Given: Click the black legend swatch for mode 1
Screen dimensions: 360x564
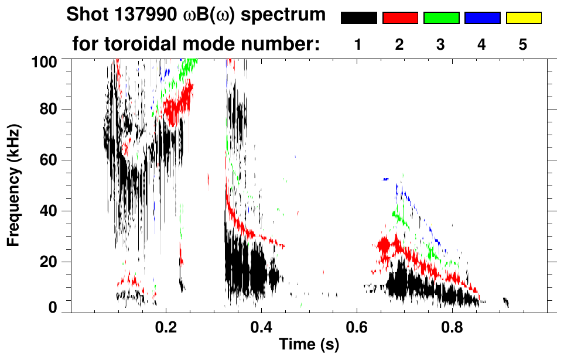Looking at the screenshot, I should click(358, 18).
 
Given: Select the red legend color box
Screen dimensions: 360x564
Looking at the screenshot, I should click(399, 18).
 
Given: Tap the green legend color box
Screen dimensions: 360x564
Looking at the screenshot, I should click(441, 18).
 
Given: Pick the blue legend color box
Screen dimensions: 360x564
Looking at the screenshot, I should click(482, 18).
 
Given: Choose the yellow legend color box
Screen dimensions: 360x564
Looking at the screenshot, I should click(523, 18).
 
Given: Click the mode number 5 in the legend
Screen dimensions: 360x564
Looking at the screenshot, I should click(523, 45).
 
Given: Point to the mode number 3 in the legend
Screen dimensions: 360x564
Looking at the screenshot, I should click(441, 45).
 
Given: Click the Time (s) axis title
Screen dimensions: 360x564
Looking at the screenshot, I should click(308, 345).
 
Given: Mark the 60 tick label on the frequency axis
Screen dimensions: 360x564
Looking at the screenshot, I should click(55, 160).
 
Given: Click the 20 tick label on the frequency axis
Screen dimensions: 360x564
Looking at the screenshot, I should click(55, 262).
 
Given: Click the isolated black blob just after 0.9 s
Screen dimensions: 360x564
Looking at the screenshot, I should click(506, 302).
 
